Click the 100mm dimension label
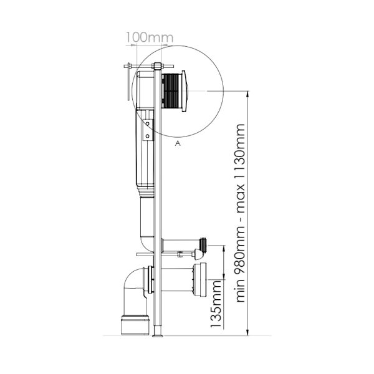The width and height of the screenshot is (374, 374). tap(150, 37)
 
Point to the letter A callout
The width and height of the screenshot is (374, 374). tap(178, 143)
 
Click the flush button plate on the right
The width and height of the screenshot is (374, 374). tap(185, 92)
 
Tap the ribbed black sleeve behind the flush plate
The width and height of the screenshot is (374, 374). tap(172, 91)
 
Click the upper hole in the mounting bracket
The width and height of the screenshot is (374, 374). tap(147, 124)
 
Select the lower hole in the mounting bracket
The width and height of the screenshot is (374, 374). tap(147, 136)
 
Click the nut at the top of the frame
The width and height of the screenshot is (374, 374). tap(157, 66)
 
